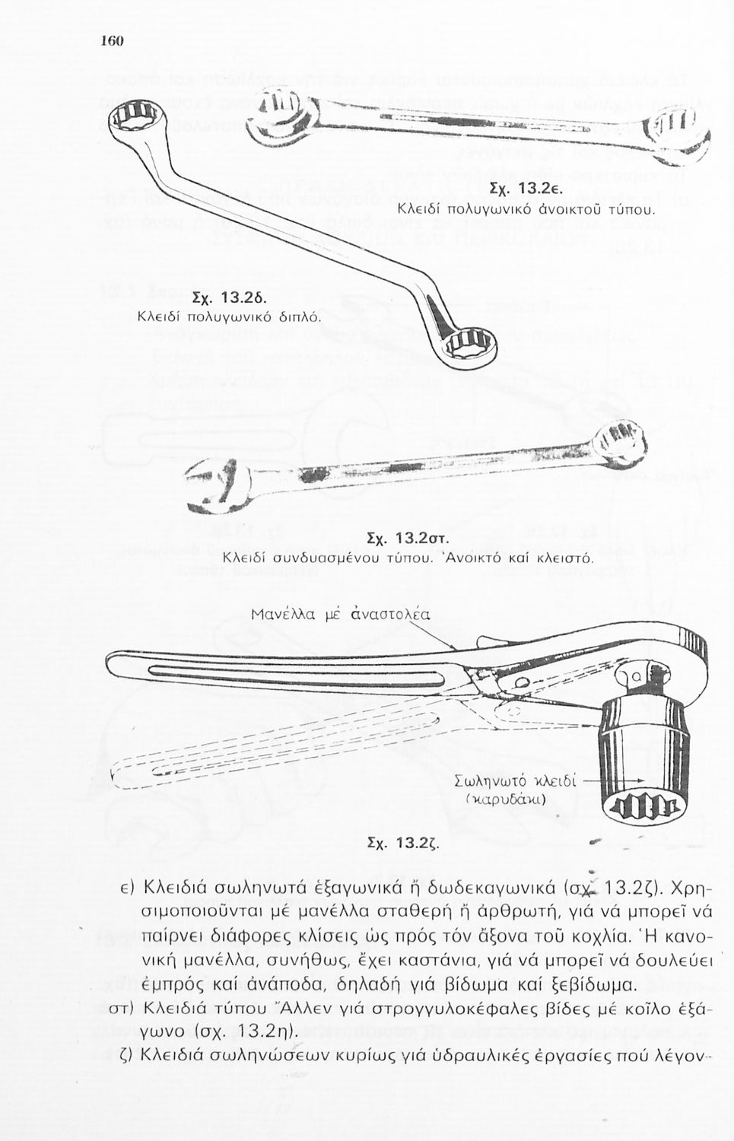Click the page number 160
click(x=112, y=40)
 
